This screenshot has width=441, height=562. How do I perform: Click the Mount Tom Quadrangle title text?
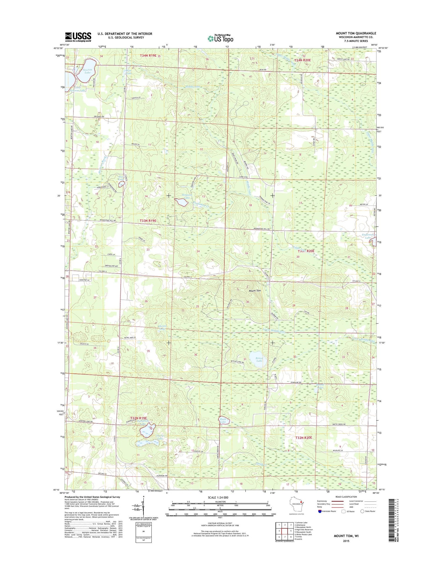(356, 33)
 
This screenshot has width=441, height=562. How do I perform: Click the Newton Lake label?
(87, 71)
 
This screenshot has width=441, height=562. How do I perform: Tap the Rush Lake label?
(223, 421)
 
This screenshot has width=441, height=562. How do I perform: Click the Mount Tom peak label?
(255, 290)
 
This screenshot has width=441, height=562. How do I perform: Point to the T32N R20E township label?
(303, 438)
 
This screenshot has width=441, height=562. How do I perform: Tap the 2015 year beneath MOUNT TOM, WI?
(346, 541)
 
